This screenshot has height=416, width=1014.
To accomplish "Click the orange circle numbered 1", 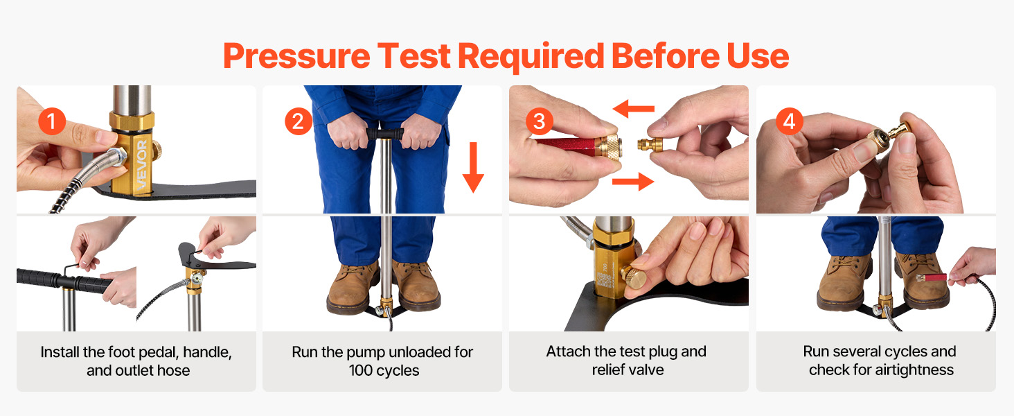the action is click(52, 121).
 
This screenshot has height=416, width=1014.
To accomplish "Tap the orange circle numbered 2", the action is click(298, 121).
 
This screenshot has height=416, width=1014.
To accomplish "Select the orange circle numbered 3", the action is click(539, 121).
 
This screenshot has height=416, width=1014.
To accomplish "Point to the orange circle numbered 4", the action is click(790, 121).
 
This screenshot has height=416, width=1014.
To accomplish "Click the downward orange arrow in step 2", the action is click(474, 167).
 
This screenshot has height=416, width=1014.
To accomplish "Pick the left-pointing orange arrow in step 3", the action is click(633, 109).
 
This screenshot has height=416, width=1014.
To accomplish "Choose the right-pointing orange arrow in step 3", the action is click(633, 182).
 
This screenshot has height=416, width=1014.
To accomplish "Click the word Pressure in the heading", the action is click(297, 57).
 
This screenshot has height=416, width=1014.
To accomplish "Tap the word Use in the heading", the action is click(758, 56).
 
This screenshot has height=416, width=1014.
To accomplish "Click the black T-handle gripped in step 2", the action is click(385, 133).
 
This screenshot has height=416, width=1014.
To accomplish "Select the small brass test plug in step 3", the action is click(650, 145).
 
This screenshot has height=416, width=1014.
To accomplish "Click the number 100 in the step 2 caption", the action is click(360, 371).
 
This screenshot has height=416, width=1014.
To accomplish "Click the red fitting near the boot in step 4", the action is click(932, 277).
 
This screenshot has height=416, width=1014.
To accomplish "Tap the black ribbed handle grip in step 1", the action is click(64, 281).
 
